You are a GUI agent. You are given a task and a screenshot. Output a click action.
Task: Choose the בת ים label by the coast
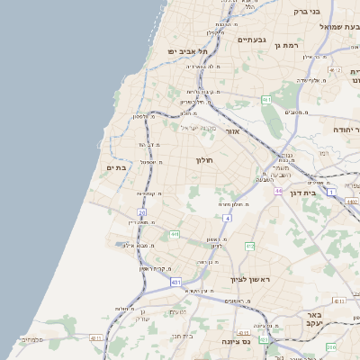[x=116, y=166]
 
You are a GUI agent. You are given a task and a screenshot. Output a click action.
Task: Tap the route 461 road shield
[x=266, y=99]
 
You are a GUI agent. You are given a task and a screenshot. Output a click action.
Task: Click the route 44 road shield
[x=279, y=191]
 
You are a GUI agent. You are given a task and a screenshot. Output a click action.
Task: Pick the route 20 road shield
[x=142, y=212]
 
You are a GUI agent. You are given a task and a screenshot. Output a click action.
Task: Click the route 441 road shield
[x=175, y=234]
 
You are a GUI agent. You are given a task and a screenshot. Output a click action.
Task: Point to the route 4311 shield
[x=96, y=338]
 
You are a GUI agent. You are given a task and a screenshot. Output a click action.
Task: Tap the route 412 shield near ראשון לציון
[x=250, y=246]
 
